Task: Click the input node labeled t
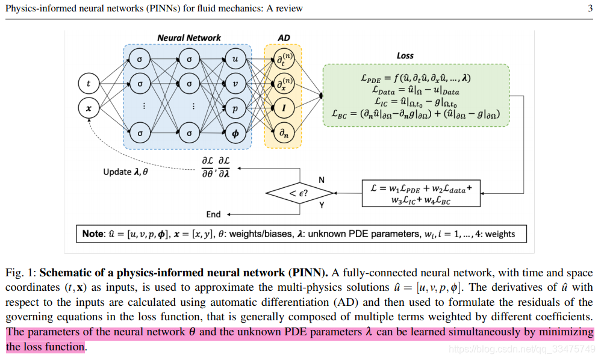coord(89,83)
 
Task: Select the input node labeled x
coord(89,108)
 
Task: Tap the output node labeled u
coord(235,60)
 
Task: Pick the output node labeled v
coord(235,84)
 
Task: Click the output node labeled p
coord(235,108)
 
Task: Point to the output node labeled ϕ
coord(235,134)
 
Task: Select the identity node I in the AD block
coord(282,108)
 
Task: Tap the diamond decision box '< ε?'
coord(300,193)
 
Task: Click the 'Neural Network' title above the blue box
coord(189,38)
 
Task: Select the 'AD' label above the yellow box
coord(284,38)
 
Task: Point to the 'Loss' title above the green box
coord(405,55)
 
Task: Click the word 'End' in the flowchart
coord(214,214)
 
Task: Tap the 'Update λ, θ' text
coord(126,172)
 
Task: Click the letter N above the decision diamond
coord(321,180)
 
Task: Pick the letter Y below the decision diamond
coord(321,205)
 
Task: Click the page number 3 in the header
coord(590,8)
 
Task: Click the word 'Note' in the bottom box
coord(93,234)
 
